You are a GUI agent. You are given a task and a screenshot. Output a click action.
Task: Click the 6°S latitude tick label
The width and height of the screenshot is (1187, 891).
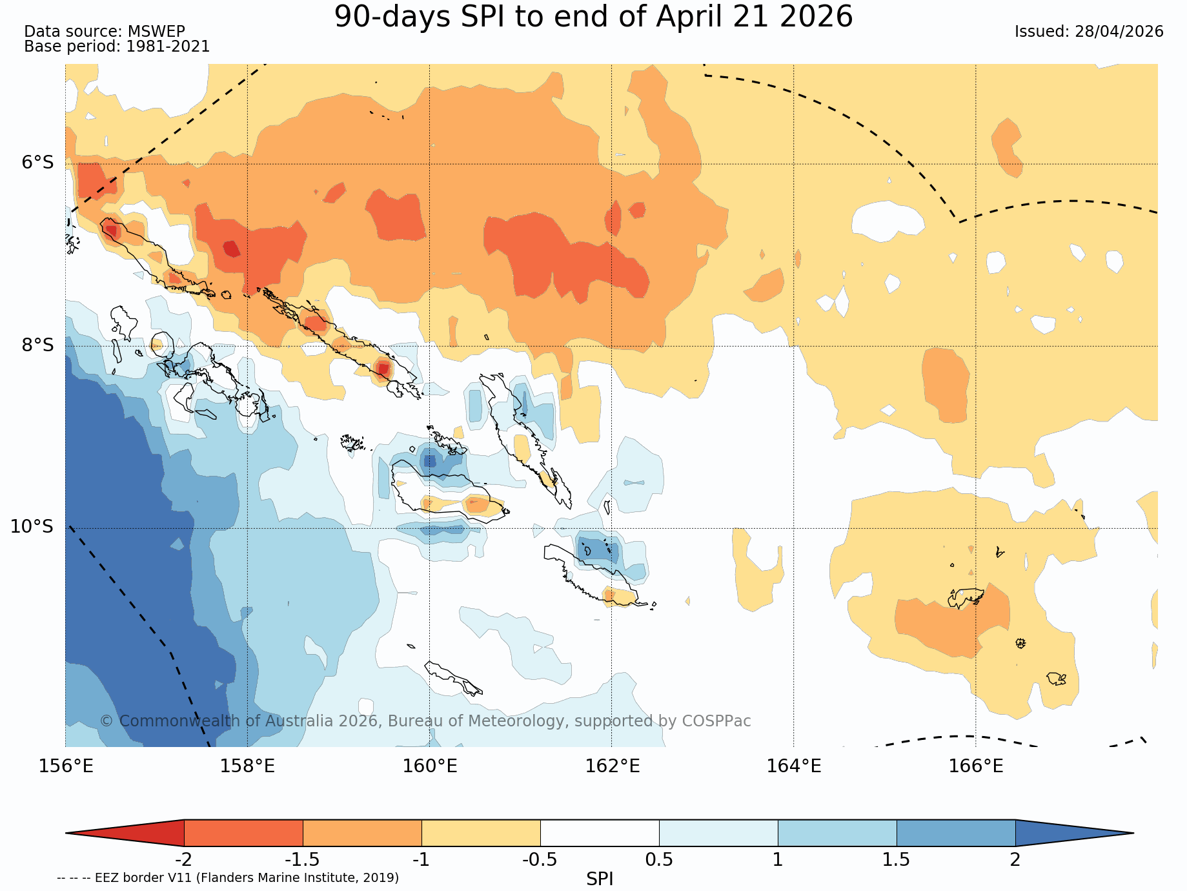pos(38,163)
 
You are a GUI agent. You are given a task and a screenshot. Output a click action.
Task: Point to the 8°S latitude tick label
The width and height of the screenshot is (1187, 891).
pos(38,345)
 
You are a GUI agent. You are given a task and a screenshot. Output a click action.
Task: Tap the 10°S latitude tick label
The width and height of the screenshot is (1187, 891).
pos(32,527)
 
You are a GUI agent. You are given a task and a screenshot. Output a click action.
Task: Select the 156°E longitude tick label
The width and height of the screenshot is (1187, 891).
pos(66,766)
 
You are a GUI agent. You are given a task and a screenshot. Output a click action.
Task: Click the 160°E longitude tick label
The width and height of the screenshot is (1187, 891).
pos(430,766)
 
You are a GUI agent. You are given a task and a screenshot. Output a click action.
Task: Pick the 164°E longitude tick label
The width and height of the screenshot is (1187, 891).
pos(794,766)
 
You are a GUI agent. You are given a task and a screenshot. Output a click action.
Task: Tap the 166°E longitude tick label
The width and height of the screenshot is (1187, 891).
pos(976,766)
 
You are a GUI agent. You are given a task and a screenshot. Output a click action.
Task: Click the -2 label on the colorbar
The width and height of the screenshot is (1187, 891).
pos(184,860)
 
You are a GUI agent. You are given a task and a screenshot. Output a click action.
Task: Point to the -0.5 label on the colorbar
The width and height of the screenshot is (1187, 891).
pos(540,860)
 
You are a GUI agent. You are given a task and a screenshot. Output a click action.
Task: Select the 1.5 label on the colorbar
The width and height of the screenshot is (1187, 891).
pos(897,860)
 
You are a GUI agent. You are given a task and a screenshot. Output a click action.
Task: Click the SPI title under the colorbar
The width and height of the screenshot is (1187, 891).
pos(600,879)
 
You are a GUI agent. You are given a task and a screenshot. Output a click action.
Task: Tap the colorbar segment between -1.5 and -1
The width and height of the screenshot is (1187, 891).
pos(362,833)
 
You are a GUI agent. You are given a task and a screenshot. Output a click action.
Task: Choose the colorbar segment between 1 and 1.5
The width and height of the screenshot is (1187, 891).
pos(837,833)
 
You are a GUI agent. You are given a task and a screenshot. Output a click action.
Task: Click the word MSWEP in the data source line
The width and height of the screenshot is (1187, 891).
pos(156,32)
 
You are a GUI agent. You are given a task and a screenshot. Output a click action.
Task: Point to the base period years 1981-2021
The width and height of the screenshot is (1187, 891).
pos(168,46)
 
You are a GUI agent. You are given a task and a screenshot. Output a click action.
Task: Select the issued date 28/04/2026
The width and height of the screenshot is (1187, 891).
pos(1119,32)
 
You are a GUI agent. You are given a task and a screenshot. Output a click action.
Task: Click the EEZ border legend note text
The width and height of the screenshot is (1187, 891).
pos(228,878)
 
